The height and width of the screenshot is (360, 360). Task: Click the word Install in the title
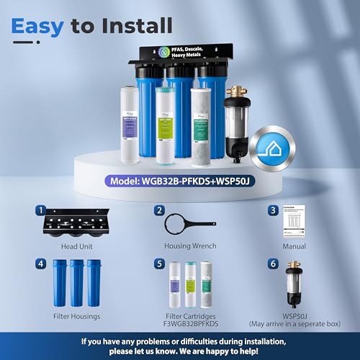[140, 26]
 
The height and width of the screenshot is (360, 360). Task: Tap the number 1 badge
[42, 211]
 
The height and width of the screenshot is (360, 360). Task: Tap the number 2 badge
[158, 211]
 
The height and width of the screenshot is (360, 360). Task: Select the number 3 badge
[274, 211]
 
